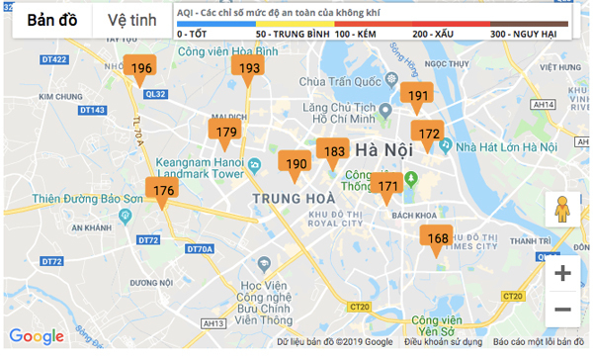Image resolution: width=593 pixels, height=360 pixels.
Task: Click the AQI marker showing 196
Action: click(141, 68)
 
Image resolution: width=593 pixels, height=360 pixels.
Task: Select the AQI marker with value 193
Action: click(249, 68)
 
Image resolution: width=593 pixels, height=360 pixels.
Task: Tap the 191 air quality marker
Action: click(418, 96)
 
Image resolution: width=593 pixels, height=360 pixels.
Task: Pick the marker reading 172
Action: click(429, 134)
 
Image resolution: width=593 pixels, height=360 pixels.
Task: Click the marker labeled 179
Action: click(225, 133)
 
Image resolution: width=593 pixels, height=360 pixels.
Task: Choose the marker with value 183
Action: click(334, 151)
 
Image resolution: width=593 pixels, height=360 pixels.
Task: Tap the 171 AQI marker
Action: click(388, 185)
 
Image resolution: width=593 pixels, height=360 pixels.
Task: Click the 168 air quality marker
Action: click(437, 238)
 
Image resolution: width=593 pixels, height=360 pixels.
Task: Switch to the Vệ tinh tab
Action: click(131, 21)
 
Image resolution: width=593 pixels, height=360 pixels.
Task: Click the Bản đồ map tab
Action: click(53, 21)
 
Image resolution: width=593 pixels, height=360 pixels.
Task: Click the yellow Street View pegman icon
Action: click(562, 211)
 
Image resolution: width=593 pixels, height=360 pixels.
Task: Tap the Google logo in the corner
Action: click(37, 337)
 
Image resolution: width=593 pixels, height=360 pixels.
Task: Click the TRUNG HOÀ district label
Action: click(294, 199)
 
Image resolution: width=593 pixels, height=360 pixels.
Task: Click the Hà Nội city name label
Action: click(382, 151)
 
